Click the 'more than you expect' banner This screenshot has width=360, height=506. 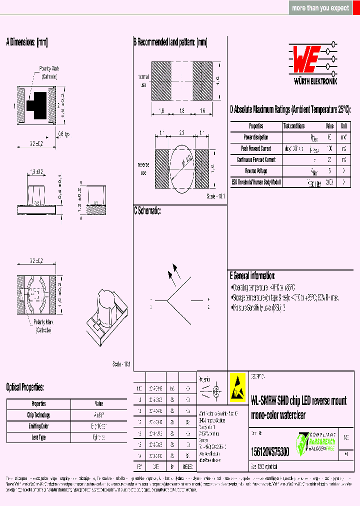320,8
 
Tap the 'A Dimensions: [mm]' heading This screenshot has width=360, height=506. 26,42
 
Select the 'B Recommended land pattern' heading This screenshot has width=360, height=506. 170,42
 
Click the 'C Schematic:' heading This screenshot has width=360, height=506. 147,211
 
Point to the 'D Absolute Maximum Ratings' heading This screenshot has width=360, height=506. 290,110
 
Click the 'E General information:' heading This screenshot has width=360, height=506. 252,276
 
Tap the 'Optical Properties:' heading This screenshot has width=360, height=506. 25,387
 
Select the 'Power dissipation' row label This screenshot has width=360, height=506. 256,137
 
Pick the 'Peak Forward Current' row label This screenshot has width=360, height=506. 256,148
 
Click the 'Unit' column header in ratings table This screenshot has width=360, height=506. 344,126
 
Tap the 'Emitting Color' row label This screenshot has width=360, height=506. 38,426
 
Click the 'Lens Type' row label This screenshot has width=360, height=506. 38,437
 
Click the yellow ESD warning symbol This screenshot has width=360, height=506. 238,387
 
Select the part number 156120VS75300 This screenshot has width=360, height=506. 269,451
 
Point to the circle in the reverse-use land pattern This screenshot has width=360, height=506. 181,162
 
